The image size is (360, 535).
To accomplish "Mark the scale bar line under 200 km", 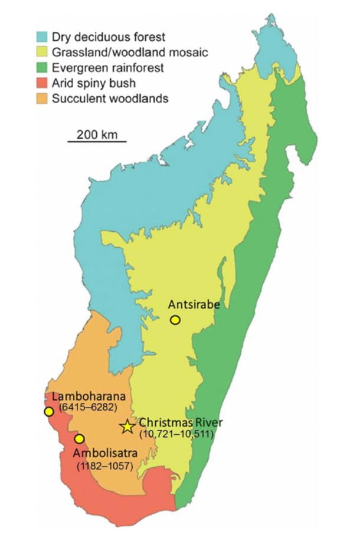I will tap(97, 142).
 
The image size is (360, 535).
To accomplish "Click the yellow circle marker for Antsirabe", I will tap(175, 320).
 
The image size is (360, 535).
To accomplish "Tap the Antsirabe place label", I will tap(194, 305).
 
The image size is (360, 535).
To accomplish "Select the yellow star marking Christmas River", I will tap(127, 426).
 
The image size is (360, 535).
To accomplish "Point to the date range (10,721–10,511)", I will tap(176, 434).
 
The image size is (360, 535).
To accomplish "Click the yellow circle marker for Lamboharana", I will tap(48, 411).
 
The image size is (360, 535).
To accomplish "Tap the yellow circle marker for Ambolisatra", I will tap(79, 438).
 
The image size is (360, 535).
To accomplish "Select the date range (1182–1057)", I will tap(106, 466).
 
